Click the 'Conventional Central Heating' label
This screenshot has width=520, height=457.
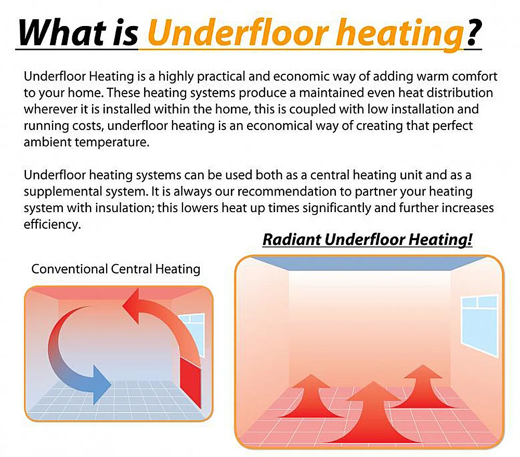pyautogui.click(x=115, y=269)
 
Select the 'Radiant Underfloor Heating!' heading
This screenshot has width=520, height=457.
pyautogui.click(x=367, y=240)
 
